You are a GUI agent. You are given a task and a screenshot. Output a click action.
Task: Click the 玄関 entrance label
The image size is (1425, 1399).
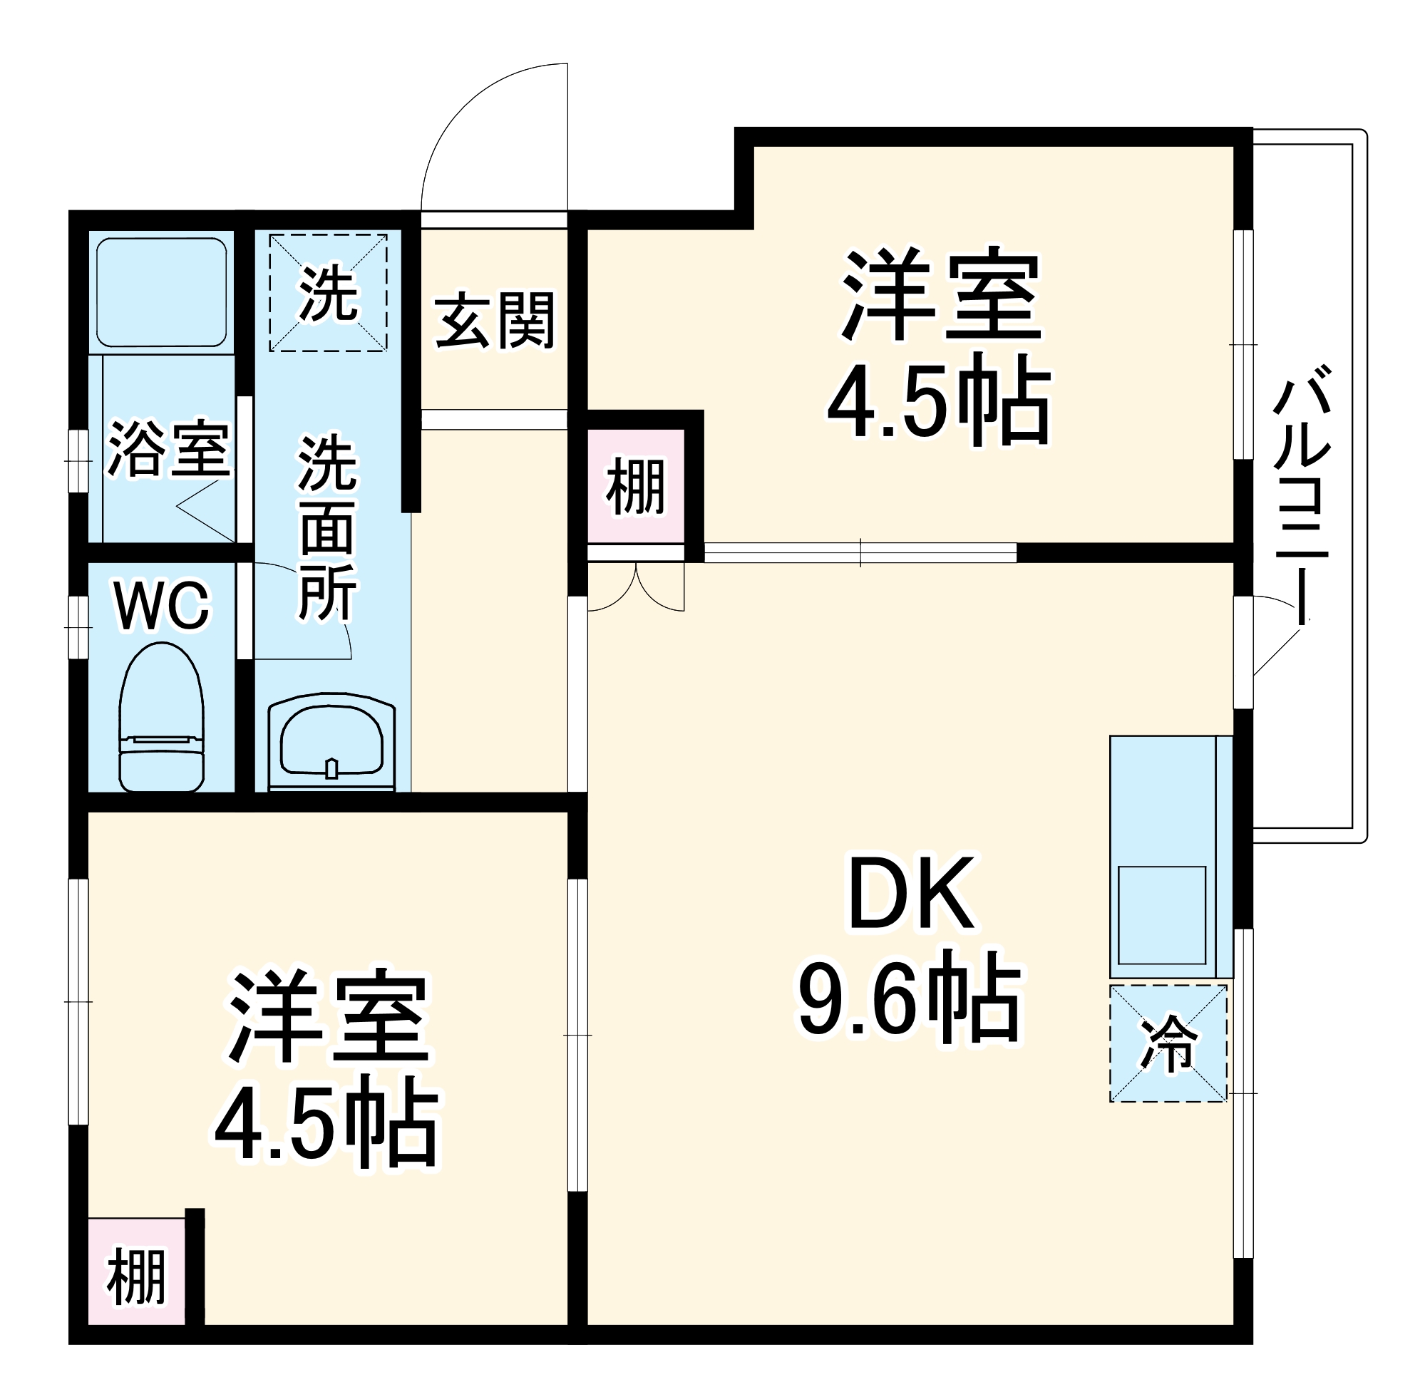pos(494,321)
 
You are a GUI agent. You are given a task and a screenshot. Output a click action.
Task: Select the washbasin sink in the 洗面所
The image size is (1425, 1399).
pos(331,740)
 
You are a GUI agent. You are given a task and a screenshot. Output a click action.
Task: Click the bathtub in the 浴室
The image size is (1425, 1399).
pos(161,291)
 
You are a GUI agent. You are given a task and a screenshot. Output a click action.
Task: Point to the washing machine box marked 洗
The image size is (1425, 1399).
pos(328,292)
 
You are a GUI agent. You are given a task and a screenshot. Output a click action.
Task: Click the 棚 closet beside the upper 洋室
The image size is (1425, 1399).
pos(636,487)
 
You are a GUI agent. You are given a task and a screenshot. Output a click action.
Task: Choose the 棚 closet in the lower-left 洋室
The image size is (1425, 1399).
pos(136,1278)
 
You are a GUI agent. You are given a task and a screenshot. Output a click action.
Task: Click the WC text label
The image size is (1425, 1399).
pos(163,607)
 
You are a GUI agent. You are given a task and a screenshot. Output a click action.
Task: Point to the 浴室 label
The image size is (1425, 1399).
pos(168,449)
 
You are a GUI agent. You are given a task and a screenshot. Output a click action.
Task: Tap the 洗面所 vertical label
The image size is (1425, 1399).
pos(327,527)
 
